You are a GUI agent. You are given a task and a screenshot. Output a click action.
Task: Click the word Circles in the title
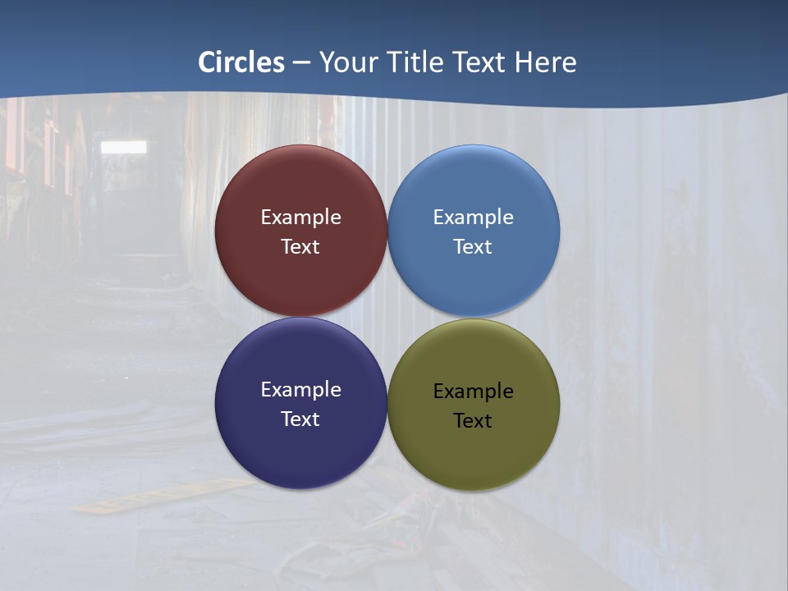click(241, 62)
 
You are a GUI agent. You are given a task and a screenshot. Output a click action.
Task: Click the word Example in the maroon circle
click(300, 218)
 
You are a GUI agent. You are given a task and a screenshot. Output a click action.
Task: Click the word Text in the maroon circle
click(300, 247)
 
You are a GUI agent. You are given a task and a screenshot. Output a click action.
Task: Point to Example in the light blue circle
click(473, 218)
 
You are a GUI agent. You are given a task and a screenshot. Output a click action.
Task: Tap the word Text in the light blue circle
click(473, 247)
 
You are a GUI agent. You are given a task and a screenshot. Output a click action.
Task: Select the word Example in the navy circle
click(300, 390)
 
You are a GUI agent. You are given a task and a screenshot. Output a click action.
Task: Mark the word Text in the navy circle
click(300, 419)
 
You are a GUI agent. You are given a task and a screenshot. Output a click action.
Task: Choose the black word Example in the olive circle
click(473, 392)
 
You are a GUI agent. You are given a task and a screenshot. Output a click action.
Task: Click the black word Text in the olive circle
click(473, 421)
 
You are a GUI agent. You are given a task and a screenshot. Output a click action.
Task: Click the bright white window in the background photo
click(123, 147)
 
